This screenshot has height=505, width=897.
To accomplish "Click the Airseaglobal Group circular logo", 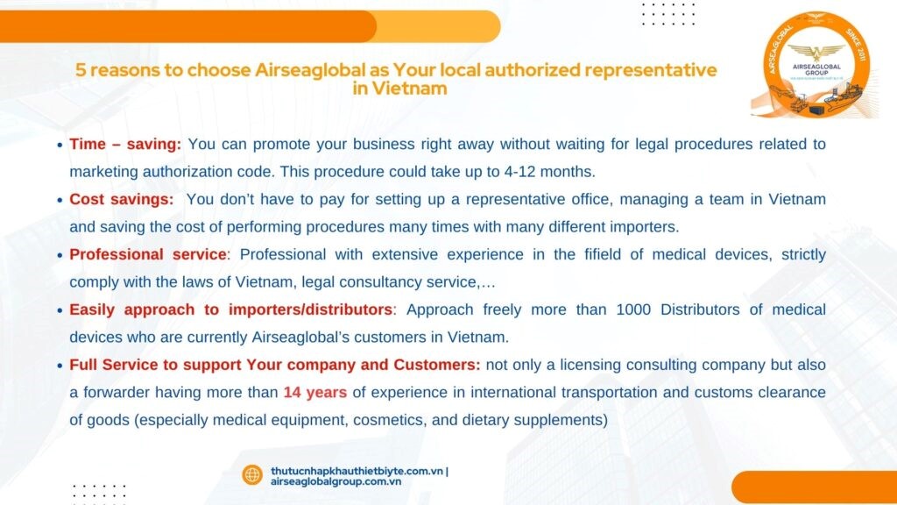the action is coord(816,65).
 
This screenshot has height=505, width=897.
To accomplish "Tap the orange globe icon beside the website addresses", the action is coord(251,474).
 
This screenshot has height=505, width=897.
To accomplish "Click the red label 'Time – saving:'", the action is coord(125,145).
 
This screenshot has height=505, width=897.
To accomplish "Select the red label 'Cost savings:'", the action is coord(121,199).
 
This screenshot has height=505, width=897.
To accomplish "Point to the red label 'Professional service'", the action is coord(148,254).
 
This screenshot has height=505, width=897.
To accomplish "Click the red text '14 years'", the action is coord(315,392).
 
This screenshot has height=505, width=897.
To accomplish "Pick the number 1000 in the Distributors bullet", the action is coord(633,309).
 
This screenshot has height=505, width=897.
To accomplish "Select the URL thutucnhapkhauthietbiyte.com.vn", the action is coord(357,471).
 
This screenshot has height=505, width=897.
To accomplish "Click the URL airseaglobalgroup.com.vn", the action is coord(335,481).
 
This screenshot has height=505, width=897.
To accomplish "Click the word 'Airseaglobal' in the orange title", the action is coord(310,70).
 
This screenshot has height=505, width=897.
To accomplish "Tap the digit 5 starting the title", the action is coord(81,70).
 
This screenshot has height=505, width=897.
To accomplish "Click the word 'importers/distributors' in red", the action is coord(310,309).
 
